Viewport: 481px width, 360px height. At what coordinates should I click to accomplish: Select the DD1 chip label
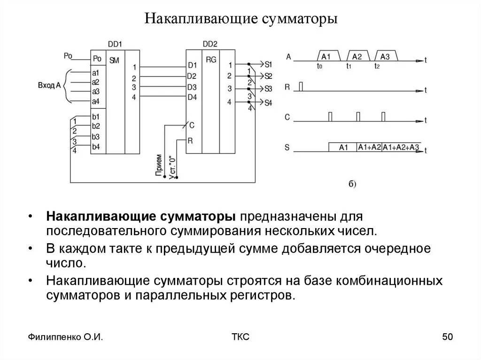tap(115, 45)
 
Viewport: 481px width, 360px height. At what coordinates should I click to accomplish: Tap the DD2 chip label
tap(209, 45)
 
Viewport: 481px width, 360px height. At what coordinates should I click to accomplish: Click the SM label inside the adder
tap(114, 61)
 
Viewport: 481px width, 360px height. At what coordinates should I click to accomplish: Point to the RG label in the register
tap(211, 60)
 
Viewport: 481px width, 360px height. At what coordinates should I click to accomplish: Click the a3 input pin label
tap(96, 91)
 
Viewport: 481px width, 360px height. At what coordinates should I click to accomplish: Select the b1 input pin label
tap(96, 116)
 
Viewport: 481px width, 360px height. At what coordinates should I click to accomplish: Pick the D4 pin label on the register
tap(192, 98)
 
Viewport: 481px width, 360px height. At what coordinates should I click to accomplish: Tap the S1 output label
tap(268, 64)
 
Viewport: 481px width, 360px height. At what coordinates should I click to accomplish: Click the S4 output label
tap(268, 103)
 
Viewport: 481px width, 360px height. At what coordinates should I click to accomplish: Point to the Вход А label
tap(49, 86)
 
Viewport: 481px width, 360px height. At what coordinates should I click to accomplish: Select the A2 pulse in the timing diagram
tap(357, 56)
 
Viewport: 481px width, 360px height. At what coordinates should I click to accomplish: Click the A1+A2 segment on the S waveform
tap(369, 147)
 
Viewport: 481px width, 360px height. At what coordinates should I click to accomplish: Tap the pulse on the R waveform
tap(301, 86)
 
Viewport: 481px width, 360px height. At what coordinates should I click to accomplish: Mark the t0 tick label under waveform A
tap(319, 67)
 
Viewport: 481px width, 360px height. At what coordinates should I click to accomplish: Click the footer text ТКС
tap(240, 337)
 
